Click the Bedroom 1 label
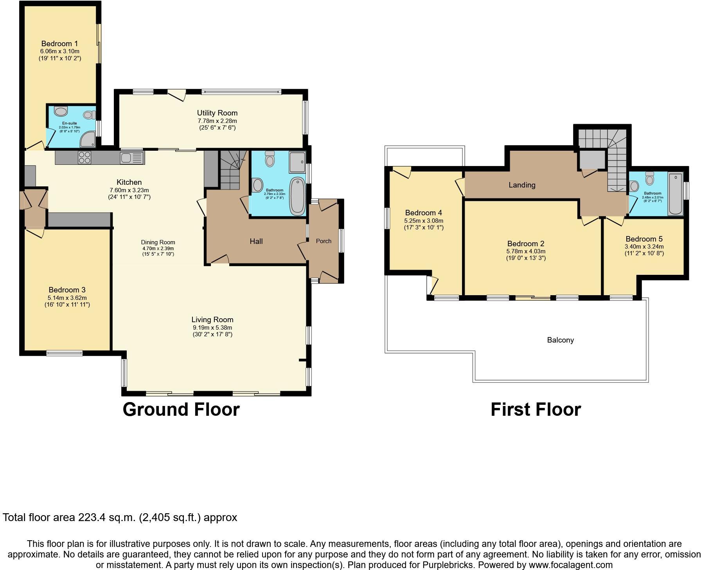59,43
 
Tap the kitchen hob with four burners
85,157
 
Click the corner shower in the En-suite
88,139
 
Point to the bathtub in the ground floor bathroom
298,196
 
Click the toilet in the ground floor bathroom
270,159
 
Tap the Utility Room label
217,113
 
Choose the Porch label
324,241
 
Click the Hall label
256,241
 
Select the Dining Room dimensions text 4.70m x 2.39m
158,248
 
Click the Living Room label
212,319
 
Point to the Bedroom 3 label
67,290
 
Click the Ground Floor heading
181,409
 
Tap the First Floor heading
536,409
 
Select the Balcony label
561,340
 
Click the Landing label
522,185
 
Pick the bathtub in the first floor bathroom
676,194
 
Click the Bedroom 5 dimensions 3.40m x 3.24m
644,247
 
